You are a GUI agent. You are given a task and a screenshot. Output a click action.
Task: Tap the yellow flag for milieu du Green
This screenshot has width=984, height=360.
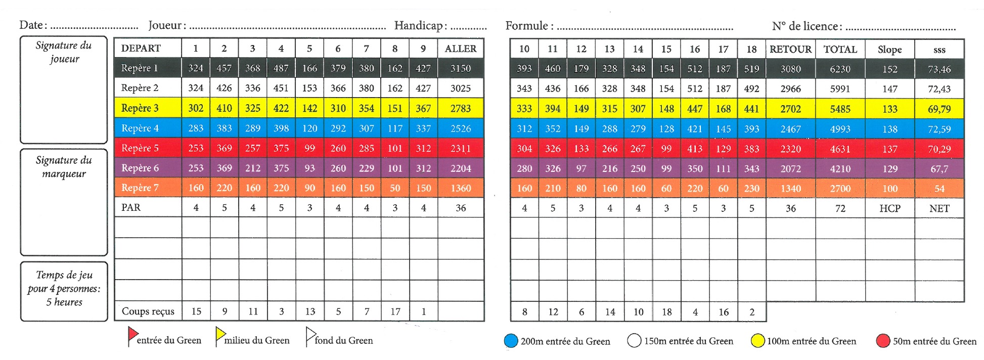[x=220, y=334]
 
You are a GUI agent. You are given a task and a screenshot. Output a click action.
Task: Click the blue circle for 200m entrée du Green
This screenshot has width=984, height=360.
[x=511, y=341]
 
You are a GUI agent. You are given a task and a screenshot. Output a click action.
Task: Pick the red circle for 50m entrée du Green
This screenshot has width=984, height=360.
[x=883, y=341]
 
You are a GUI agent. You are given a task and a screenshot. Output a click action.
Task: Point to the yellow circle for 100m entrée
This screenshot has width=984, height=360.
[x=757, y=341]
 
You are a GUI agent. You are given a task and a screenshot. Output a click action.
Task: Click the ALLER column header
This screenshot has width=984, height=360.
[x=460, y=49]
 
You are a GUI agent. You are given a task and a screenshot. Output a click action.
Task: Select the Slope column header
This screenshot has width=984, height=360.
[x=889, y=50]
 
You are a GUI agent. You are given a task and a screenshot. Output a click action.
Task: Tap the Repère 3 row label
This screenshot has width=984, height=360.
[x=140, y=108]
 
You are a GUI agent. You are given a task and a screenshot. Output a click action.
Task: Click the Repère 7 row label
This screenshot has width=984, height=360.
[x=140, y=188]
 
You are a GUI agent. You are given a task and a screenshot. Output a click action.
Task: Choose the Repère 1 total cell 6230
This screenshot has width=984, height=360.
[x=840, y=69]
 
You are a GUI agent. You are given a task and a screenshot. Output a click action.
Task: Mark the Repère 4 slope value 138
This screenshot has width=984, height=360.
[x=889, y=129]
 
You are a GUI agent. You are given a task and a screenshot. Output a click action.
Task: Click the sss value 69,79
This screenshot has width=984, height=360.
[x=939, y=109]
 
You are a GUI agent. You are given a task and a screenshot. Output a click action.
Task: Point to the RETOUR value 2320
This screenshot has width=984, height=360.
[x=790, y=149]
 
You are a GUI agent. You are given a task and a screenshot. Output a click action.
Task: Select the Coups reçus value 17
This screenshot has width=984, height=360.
[x=395, y=311]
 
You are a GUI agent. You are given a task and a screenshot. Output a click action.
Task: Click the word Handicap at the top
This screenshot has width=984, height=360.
[x=418, y=25]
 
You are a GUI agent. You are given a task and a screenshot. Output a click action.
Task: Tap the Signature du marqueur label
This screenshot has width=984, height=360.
[x=64, y=167]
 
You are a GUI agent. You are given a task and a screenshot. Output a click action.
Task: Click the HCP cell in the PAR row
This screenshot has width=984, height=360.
[x=889, y=208]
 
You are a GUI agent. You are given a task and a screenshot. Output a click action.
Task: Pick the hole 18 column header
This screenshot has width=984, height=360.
[x=751, y=49]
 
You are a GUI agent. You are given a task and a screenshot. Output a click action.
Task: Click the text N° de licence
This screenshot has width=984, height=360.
[x=807, y=26]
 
